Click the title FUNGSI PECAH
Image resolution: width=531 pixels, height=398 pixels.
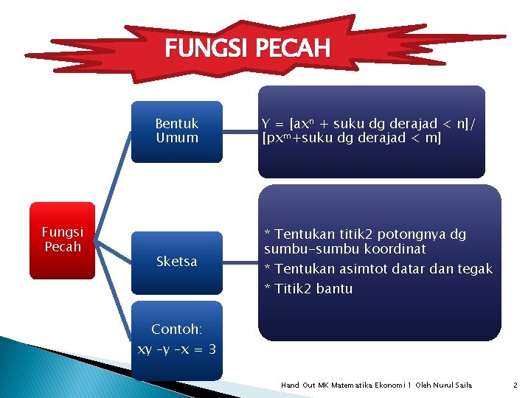click(x=248, y=49)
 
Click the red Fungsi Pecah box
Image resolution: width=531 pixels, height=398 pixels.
click(x=63, y=240)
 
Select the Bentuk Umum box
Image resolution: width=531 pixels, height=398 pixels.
click(x=177, y=131)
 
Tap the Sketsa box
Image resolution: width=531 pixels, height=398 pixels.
click(x=177, y=262)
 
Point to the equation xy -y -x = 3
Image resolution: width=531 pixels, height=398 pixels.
click(x=177, y=349)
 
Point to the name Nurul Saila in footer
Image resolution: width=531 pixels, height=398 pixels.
click(x=454, y=385)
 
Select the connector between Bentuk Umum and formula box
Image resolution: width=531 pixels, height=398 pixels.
click(x=240, y=132)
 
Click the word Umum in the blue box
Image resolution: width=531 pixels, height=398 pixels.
click(x=177, y=138)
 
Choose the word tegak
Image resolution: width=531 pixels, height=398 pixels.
click(x=475, y=269)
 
